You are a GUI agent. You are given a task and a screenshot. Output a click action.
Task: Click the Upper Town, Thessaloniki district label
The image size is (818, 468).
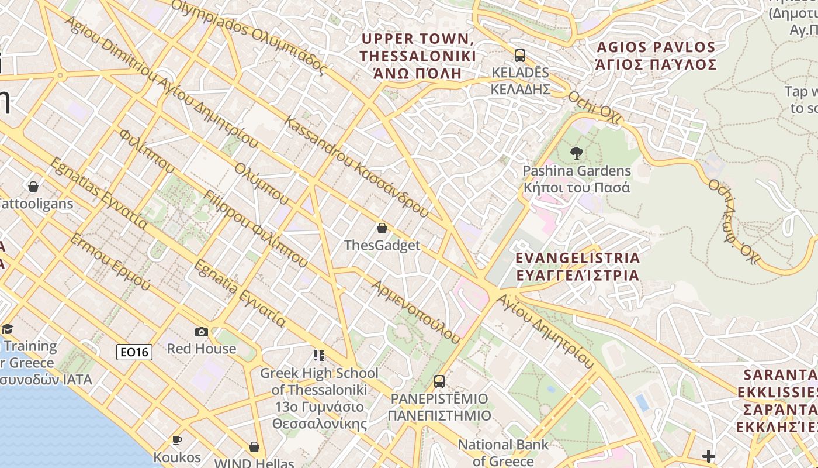[x=418, y=56]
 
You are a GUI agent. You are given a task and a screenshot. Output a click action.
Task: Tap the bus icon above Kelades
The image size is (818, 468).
[x=519, y=56]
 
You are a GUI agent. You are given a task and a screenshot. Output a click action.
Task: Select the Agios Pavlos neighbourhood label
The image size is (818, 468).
[x=656, y=56]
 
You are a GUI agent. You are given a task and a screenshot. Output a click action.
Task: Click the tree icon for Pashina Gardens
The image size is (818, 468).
[x=577, y=154]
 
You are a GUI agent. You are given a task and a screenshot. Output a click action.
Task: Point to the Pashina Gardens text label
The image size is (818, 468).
[x=577, y=179]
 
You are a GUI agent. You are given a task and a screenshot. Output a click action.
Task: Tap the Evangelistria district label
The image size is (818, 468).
[x=577, y=266]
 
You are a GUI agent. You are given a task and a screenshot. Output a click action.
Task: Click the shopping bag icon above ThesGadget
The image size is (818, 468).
[x=382, y=228]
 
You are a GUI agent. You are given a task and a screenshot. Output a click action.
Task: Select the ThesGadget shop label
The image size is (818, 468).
[x=382, y=245]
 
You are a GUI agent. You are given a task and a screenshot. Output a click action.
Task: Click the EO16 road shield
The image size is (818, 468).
[x=134, y=352]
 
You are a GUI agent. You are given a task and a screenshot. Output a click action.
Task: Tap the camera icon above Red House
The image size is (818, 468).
[x=202, y=332]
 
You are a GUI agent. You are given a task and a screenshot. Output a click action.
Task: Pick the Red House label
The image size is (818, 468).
[x=202, y=349]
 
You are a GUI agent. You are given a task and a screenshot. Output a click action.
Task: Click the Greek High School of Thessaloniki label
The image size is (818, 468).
[x=319, y=398]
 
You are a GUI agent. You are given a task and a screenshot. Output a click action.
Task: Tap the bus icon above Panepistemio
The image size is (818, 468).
[x=439, y=381]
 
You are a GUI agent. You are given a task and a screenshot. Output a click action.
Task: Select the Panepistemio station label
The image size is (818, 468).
[x=439, y=407]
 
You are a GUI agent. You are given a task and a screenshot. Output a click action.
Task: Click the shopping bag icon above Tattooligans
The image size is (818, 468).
[x=33, y=187]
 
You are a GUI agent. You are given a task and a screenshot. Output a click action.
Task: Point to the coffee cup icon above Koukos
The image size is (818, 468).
[x=177, y=440]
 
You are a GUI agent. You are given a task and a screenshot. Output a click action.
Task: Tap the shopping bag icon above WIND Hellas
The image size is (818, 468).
[x=254, y=447]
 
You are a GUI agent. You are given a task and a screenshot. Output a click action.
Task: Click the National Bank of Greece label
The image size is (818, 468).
[x=503, y=452]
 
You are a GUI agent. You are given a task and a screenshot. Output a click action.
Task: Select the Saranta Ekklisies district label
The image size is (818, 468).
[x=777, y=401]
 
